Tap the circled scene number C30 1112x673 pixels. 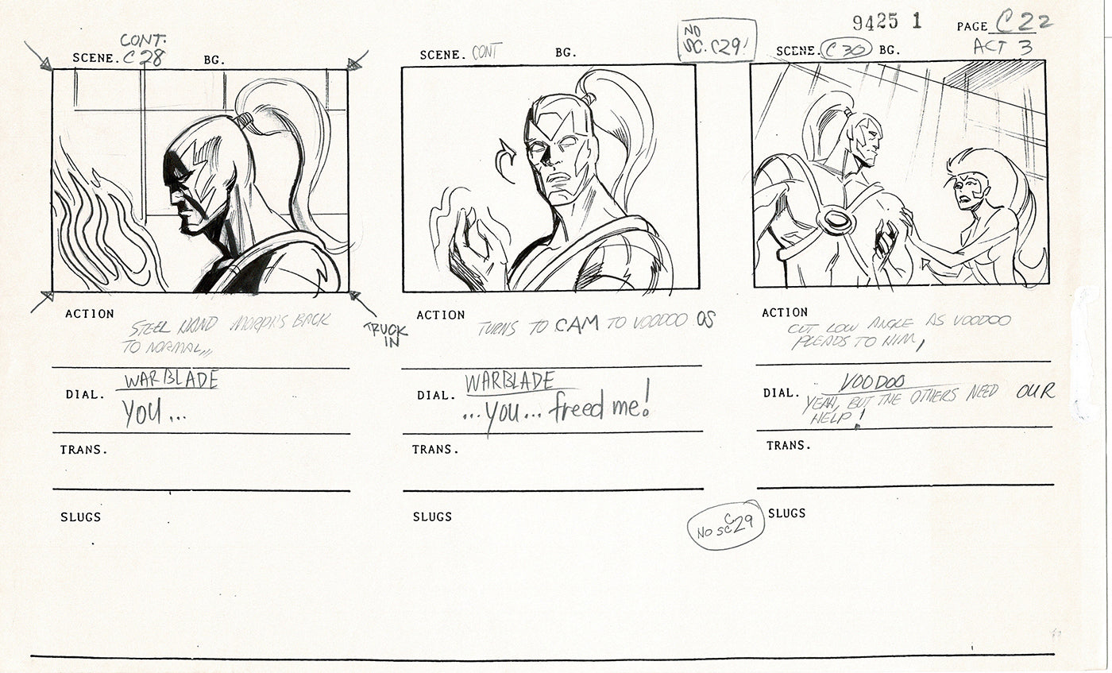click(x=848, y=50)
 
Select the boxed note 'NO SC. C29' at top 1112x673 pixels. click(x=717, y=40)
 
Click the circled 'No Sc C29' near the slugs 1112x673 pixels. click(x=725, y=525)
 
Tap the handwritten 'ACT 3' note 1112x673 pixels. click(x=1002, y=47)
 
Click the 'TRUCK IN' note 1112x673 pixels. click(x=386, y=334)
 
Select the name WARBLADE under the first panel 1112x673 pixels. click(x=169, y=380)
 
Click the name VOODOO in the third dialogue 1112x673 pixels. click(x=874, y=383)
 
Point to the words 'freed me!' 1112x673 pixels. click(x=604, y=407)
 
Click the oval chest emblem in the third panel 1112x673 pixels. click(x=836, y=220)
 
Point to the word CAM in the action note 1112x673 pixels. click(x=576, y=324)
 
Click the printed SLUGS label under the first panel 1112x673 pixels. click(x=80, y=516)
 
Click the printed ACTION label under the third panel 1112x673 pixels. click(x=785, y=312)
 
